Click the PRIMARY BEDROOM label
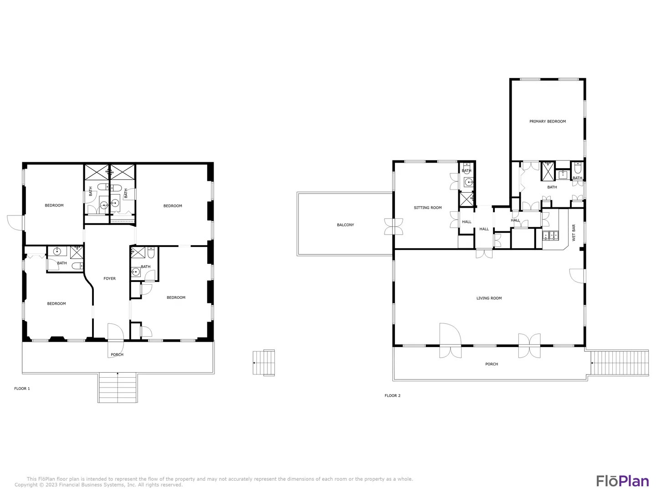547,121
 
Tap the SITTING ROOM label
427,208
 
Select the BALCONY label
345,225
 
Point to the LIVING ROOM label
489,298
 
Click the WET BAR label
574,232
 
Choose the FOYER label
109,278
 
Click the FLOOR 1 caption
22,388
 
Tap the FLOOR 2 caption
392,395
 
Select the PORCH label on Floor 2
492,364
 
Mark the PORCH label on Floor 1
117,354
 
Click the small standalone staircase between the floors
264,363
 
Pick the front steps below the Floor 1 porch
118,387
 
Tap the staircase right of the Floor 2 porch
620,363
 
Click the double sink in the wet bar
550,236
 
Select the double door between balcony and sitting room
394,226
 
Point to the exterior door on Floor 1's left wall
15,223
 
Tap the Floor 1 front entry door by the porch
116,341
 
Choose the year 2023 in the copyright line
51,485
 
